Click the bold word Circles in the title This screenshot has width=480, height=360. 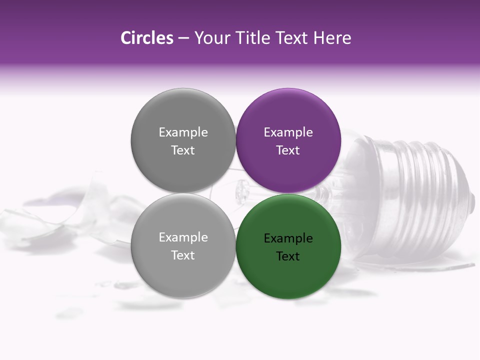pyautogui.click(x=146, y=38)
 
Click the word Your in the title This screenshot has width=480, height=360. pyautogui.click(x=210, y=38)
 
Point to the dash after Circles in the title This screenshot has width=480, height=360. pyautogui.click(x=183, y=38)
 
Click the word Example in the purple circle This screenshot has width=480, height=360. pyautogui.click(x=288, y=132)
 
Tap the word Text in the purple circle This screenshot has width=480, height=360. pyautogui.click(x=288, y=150)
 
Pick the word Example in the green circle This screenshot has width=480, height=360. pyautogui.click(x=288, y=238)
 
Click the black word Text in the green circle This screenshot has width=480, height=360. pyautogui.click(x=288, y=256)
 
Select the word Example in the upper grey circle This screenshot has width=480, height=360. pyautogui.click(x=183, y=132)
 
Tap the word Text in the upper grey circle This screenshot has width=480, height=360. pyautogui.click(x=183, y=150)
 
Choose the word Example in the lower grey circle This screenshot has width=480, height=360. pyautogui.click(x=183, y=237)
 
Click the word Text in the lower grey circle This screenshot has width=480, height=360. pyautogui.click(x=183, y=255)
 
